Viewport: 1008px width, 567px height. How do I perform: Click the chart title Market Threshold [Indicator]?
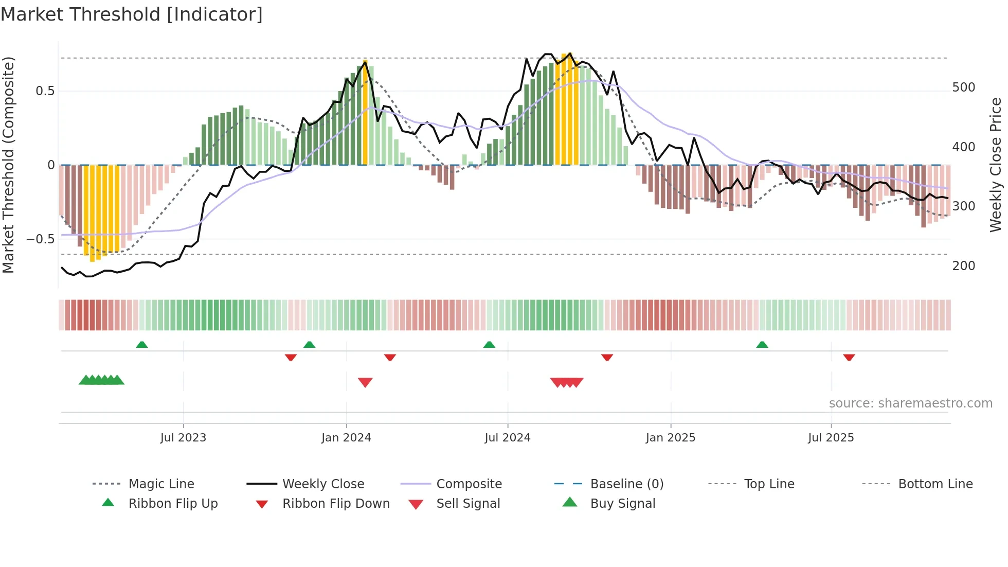(132, 14)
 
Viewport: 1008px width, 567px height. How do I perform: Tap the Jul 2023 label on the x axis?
(183, 438)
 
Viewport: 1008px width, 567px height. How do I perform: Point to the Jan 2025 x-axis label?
(670, 438)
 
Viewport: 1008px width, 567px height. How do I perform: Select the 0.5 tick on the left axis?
(45, 91)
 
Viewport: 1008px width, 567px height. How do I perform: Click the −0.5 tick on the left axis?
(41, 239)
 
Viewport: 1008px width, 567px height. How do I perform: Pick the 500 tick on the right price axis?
(963, 87)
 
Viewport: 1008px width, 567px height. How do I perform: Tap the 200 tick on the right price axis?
(963, 266)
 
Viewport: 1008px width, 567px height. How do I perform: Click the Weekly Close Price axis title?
(996, 165)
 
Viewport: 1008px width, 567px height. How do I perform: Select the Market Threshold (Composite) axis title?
(8, 165)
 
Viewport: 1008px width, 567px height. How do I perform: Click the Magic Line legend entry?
(161, 484)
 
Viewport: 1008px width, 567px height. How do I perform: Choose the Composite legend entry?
(469, 484)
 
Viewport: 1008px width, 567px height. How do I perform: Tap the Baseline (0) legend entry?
(626, 484)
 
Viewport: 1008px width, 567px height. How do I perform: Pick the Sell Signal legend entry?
(467, 504)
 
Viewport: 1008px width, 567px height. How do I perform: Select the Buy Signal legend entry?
(622, 504)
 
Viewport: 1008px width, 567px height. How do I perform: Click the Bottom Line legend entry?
(935, 484)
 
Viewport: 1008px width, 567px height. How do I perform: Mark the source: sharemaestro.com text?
(910, 403)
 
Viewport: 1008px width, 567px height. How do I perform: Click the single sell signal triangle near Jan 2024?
(365, 382)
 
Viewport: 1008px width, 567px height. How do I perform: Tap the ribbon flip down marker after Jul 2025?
(849, 357)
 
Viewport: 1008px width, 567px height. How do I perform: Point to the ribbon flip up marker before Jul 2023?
(142, 345)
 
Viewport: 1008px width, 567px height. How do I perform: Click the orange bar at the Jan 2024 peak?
(365, 113)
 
